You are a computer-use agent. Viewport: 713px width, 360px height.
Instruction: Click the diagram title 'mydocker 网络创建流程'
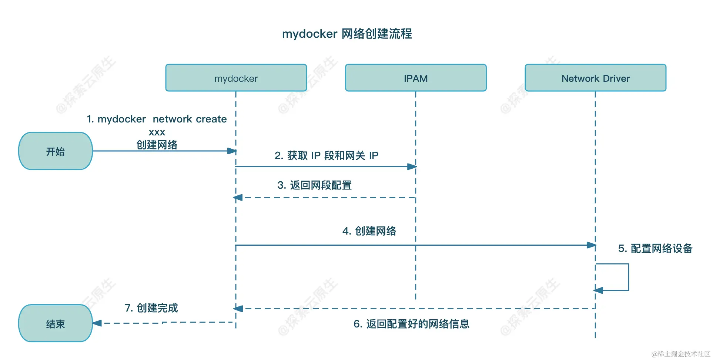coord(347,34)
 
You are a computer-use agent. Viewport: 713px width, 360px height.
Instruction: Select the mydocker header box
coord(236,78)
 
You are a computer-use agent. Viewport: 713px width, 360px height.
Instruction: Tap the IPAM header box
coord(415,78)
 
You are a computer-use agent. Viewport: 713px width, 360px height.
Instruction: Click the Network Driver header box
coord(595,78)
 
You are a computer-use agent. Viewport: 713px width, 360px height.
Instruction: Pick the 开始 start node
coord(56,151)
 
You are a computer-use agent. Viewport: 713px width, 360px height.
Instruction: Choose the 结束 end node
coord(56,324)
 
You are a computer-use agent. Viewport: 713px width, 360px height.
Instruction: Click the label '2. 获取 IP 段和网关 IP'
coord(326,155)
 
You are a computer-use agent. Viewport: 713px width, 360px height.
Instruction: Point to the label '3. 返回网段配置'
coord(314,185)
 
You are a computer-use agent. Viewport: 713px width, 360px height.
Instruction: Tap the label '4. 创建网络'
coord(369,231)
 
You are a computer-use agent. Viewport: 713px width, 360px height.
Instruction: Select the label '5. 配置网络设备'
coord(655,248)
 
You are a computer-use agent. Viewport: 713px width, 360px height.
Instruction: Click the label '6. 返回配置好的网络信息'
coord(411,324)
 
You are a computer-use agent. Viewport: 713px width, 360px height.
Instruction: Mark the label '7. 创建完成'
coord(151,308)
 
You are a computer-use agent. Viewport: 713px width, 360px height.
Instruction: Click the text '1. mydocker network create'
coord(157,119)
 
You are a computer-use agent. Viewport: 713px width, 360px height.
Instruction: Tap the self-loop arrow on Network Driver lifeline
coord(628,277)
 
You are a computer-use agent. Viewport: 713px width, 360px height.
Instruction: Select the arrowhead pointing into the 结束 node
coord(97,323)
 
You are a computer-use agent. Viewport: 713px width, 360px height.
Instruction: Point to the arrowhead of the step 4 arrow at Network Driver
coord(591,245)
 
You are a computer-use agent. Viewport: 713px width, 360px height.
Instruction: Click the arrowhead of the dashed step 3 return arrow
coord(238,198)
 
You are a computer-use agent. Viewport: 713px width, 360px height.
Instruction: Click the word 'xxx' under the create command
coord(157,132)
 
